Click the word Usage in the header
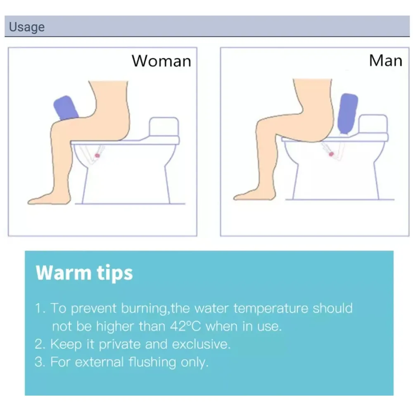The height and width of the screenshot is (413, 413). (x=27, y=27)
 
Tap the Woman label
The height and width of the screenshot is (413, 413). (x=161, y=61)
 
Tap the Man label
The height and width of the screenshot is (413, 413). (x=386, y=61)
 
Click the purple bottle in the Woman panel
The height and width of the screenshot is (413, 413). (x=66, y=108)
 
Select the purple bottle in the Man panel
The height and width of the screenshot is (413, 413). (x=347, y=114)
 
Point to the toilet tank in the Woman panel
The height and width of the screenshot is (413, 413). (x=164, y=126)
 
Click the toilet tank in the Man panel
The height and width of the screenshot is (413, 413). (x=373, y=124)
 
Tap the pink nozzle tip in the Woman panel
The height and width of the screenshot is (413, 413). (x=97, y=155)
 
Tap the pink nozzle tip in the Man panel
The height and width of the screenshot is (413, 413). (x=331, y=154)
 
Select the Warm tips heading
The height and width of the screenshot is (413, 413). (x=84, y=273)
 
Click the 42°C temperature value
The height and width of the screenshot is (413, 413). (x=185, y=326)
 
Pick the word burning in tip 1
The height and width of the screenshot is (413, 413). (x=145, y=309)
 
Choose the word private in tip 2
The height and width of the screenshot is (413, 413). (x=120, y=344)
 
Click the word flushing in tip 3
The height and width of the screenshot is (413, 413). (x=152, y=362)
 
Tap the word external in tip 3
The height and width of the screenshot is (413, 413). (x=99, y=362)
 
